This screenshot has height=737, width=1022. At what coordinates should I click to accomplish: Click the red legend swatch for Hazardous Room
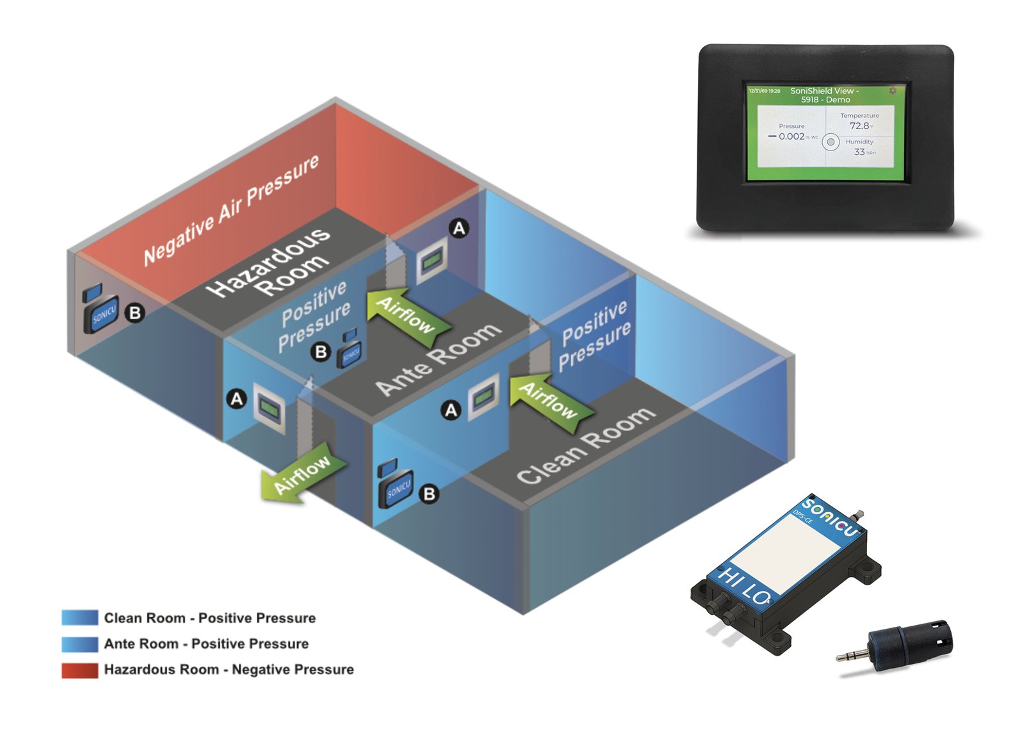(79, 670)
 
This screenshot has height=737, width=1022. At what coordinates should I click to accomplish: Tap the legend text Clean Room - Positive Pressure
(209, 618)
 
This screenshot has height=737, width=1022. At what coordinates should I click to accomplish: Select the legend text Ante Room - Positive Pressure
(206, 644)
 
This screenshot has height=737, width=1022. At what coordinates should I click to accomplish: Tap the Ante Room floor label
(438, 359)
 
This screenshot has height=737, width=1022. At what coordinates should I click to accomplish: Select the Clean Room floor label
(585, 445)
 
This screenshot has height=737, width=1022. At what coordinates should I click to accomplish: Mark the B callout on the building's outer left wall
(135, 313)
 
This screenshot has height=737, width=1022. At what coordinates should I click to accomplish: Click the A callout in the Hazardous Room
(458, 228)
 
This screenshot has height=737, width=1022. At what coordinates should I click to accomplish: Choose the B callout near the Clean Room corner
(429, 494)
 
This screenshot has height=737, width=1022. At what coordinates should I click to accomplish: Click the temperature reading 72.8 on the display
(859, 126)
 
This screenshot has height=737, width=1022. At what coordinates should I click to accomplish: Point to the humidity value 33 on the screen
(859, 152)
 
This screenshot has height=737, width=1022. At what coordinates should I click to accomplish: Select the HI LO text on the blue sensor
(743, 586)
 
